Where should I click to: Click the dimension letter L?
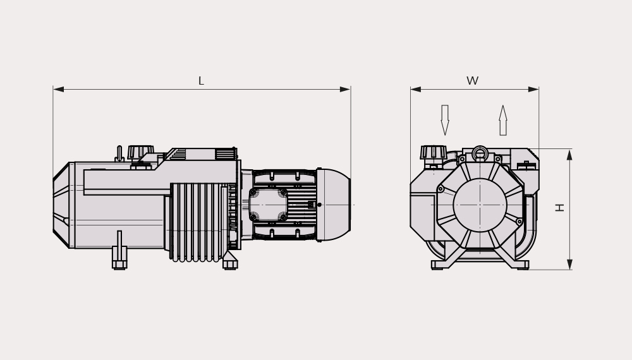coord(201,81)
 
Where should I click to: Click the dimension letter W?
coord(472,81)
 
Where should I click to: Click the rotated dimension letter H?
coord(559,207)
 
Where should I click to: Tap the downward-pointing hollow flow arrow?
coord(444,120)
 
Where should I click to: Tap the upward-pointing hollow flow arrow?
coord(502,120)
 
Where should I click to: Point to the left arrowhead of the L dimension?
coord(58,90)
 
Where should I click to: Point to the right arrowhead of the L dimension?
coord(346,90)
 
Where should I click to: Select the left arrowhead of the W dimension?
coord(416,90)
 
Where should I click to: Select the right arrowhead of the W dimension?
coord(533,90)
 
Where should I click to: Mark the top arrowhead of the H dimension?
coord(569,155)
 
